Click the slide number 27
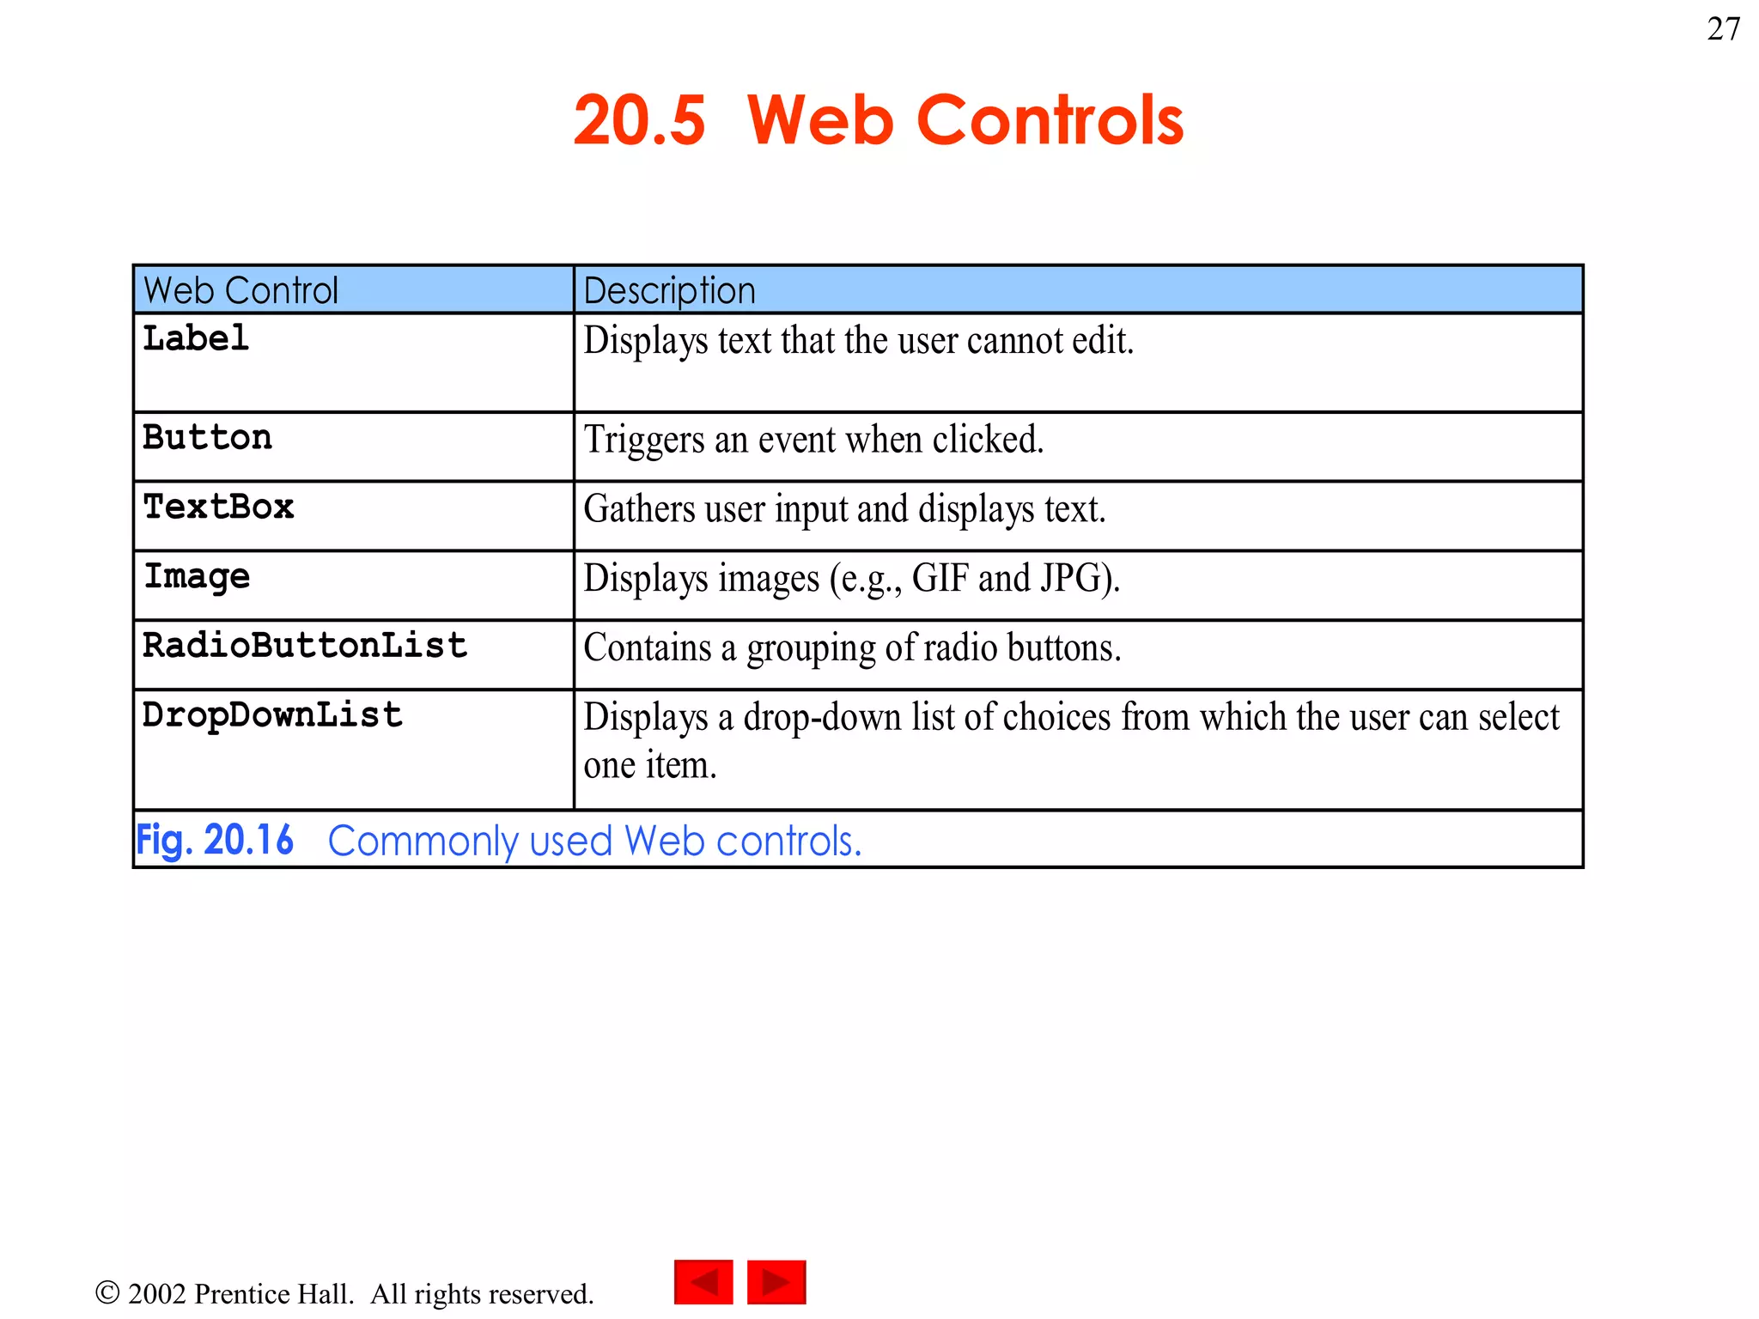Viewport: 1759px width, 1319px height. point(1723,29)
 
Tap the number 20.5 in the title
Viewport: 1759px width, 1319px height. point(640,120)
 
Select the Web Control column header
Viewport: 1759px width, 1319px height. point(240,290)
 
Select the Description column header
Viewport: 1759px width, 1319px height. point(669,290)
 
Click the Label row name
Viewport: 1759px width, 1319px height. point(196,338)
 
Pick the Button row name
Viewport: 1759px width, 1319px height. point(207,438)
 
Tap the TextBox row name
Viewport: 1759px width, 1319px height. point(218,507)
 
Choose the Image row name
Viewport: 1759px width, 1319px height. point(197,576)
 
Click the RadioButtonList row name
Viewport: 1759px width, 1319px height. point(305,646)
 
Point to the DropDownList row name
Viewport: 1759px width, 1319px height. point(272,715)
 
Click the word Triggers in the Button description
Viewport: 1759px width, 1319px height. point(644,441)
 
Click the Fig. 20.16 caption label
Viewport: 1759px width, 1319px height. point(215,840)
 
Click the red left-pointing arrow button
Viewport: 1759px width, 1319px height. point(703,1282)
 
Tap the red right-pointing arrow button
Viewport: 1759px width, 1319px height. point(776,1282)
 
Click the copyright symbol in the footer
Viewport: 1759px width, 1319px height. point(107,1292)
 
